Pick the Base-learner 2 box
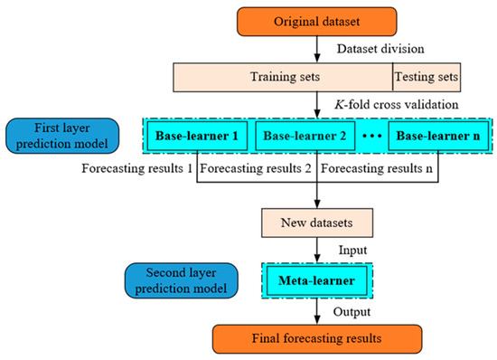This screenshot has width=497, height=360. [303, 138]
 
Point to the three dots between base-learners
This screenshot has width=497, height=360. [370, 139]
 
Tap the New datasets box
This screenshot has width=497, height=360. [314, 219]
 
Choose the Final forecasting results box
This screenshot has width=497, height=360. [314, 336]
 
